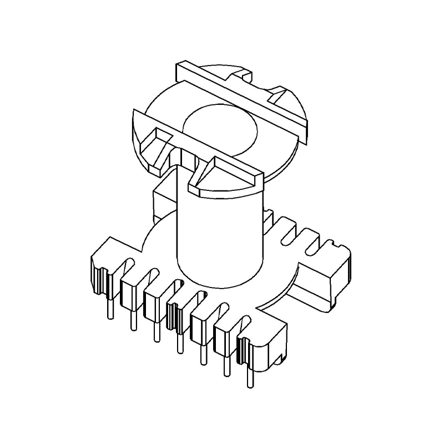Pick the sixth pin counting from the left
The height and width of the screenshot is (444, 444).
point(225,364)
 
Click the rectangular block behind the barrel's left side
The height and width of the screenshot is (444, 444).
point(163,200)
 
